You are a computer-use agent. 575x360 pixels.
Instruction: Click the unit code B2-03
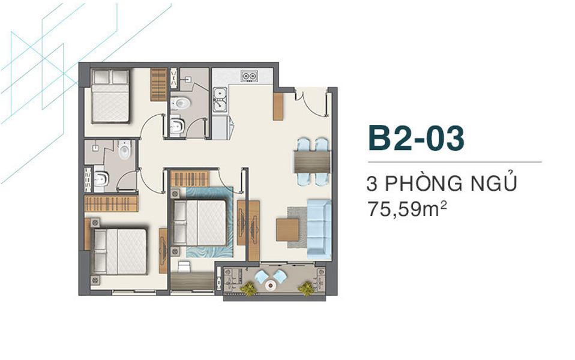click(x=415, y=139)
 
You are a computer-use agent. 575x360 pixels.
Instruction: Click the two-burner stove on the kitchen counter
click(x=249, y=76)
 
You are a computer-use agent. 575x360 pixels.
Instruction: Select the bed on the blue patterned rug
click(x=200, y=223)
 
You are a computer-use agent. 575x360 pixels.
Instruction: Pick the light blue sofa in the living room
click(x=319, y=229)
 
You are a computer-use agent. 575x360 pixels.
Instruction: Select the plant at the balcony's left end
click(x=247, y=289)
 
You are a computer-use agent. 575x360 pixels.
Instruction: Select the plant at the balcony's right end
click(x=306, y=289)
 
